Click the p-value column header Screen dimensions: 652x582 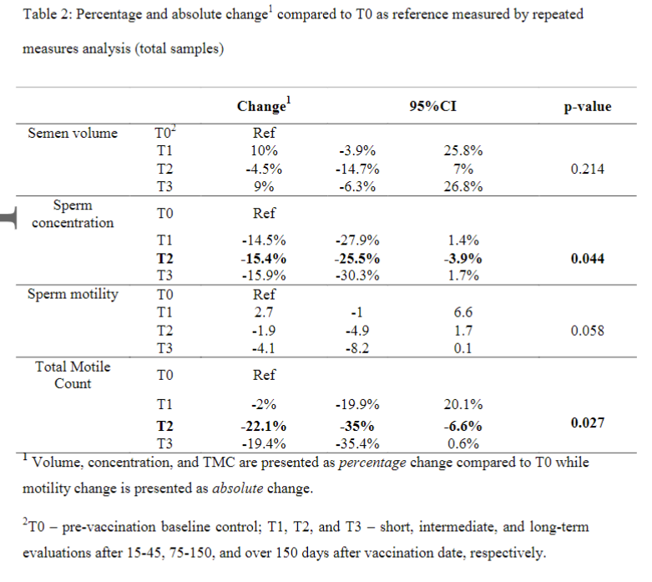point(587,107)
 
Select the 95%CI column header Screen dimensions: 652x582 point(433,106)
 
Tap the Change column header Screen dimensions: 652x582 point(264,105)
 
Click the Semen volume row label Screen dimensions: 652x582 point(73,133)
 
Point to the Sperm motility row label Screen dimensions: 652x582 point(73,295)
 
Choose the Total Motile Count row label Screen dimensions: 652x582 point(73,375)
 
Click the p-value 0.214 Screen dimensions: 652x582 point(587,169)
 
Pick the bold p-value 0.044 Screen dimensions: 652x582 point(587,258)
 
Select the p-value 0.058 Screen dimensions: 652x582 point(587,331)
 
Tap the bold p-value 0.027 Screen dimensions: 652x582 point(587,423)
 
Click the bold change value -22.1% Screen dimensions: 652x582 point(264,426)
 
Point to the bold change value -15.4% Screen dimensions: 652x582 point(264,258)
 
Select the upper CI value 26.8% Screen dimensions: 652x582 point(462,186)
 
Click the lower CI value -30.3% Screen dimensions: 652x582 point(357,276)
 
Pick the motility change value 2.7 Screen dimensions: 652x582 point(264,312)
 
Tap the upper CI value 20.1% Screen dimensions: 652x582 point(462,404)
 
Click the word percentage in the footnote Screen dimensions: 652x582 point(372,463)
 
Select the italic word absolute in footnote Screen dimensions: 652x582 point(237,488)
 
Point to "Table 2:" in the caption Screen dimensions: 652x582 point(48,14)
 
